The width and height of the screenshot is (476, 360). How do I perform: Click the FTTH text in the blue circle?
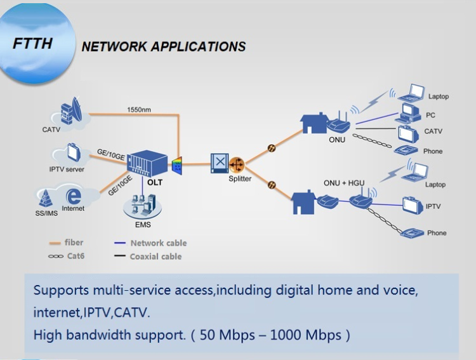[32, 44]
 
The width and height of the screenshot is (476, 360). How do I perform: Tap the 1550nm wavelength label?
[139, 109]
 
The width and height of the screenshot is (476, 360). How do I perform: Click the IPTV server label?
[67, 170]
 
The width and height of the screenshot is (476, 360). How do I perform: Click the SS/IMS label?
[46, 213]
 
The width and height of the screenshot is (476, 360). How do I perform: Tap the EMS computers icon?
[142, 206]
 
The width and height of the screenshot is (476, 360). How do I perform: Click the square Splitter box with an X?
[219, 163]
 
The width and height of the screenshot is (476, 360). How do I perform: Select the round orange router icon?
[237, 164]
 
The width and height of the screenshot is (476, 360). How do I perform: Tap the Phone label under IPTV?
[437, 233]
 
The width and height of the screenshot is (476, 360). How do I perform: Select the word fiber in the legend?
[74, 243]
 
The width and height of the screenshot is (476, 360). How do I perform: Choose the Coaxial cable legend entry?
[155, 257]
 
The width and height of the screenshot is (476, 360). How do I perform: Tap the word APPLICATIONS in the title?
[191, 46]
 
